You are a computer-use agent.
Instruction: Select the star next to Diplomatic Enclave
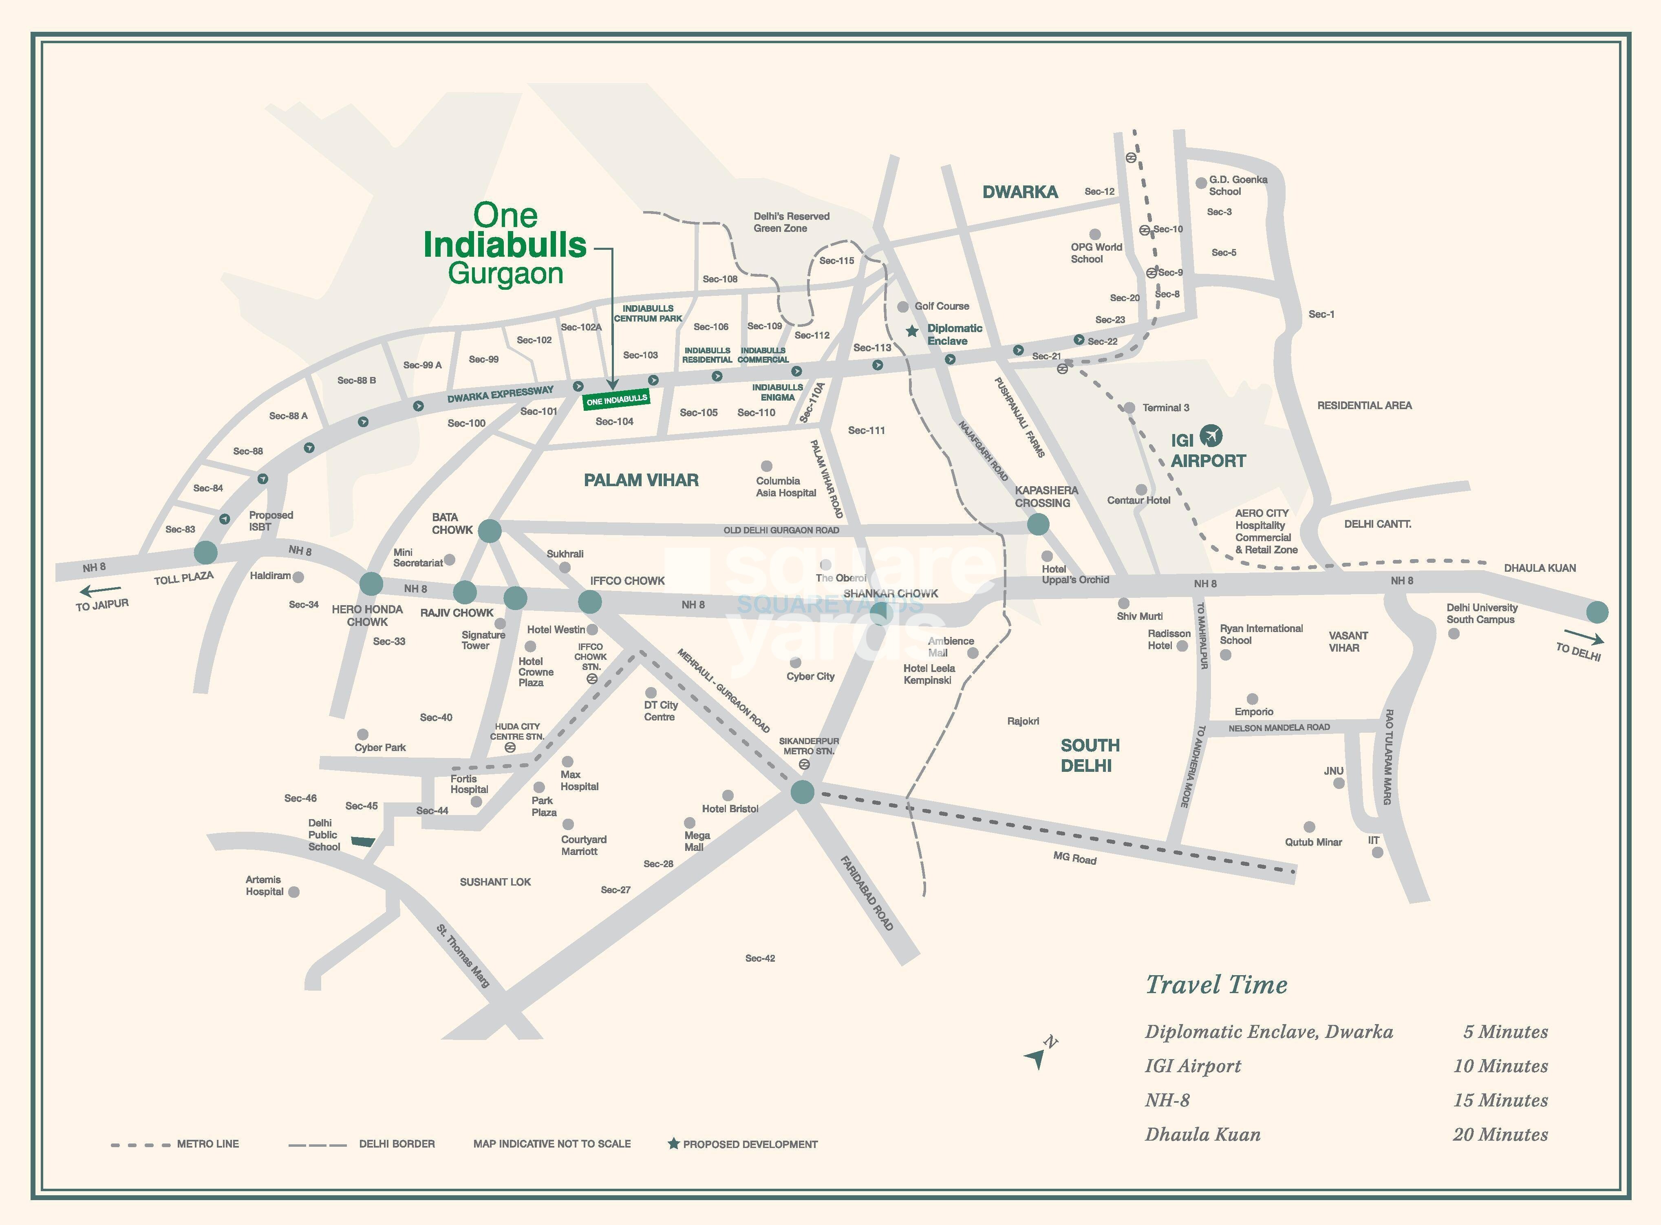[912, 331]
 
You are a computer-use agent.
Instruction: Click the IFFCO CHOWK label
[627, 581]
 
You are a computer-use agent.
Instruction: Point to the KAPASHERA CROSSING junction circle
[1038, 524]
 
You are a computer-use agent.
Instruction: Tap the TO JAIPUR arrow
[100, 591]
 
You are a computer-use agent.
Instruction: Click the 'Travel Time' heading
[1216, 984]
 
